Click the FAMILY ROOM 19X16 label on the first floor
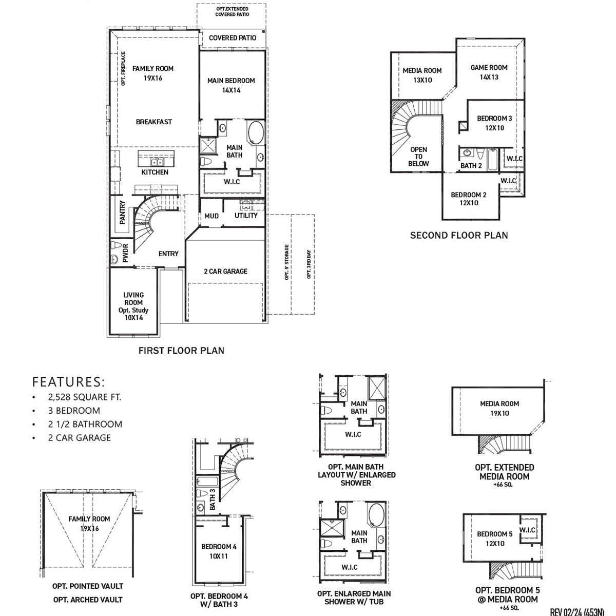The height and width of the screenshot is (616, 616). click(153, 73)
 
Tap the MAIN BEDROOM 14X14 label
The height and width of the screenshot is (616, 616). click(231, 85)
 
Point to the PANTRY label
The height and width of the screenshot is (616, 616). click(123, 212)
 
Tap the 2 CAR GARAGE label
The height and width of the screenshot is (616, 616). click(225, 271)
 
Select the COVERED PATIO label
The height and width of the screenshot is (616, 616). click(233, 38)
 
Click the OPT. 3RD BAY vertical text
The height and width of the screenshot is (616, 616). click(309, 264)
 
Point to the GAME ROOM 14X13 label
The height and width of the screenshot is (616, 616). click(489, 72)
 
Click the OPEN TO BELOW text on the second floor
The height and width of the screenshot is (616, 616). click(418, 157)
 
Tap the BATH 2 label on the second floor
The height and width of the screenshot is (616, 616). click(471, 166)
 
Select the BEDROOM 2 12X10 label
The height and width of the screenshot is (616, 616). click(468, 199)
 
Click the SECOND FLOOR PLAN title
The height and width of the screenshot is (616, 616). click(459, 236)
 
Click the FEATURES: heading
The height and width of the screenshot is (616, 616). click(68, 382)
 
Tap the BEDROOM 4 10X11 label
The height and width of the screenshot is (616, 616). click(219, 551)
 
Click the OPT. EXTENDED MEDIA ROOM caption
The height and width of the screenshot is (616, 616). click(504, 472)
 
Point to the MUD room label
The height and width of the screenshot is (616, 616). click(211, 216)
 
